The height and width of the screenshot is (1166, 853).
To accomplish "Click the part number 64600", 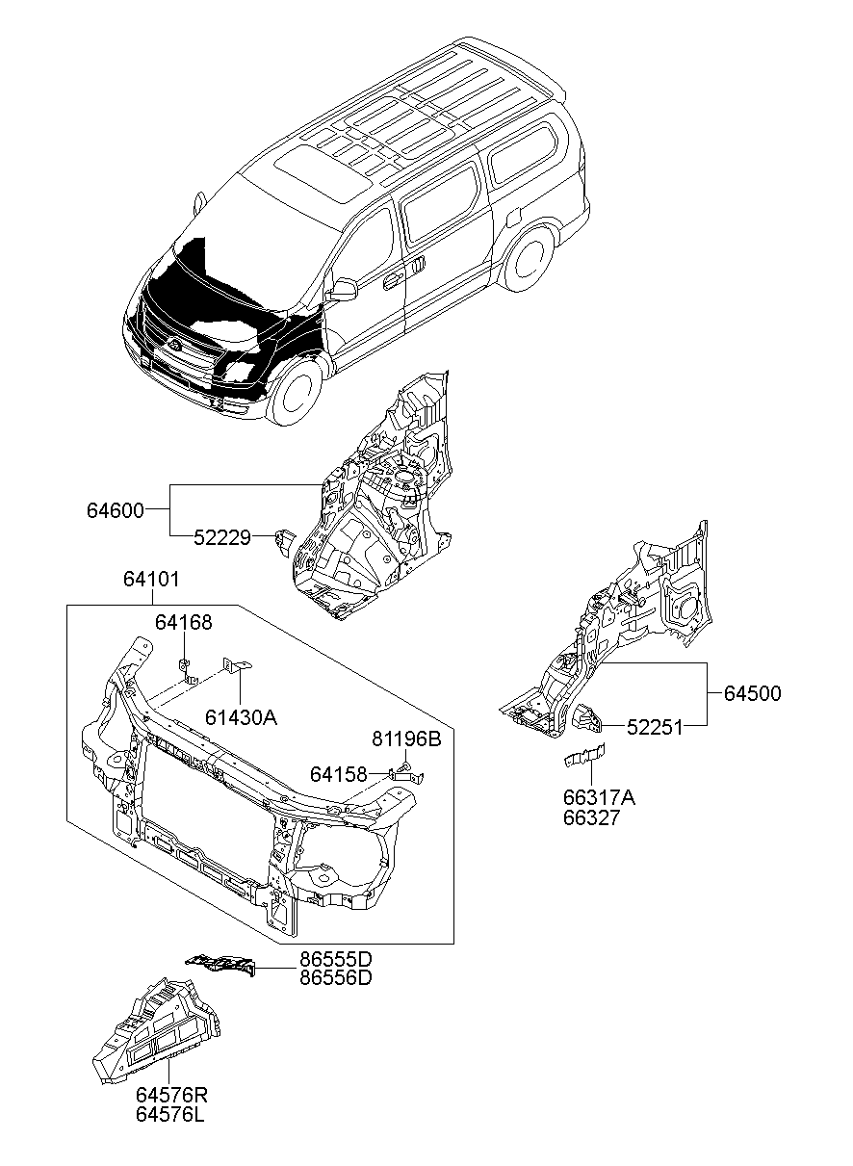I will tap(116, 511).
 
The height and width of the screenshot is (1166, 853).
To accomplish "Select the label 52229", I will tap(221, 538).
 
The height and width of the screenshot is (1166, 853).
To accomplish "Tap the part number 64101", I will tap(150, 580).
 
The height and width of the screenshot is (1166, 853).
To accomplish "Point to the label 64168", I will tap(183, 624).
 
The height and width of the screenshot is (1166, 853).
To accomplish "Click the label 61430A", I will tap(241, 716).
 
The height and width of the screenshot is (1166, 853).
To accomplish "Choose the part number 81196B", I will tap(405, 739).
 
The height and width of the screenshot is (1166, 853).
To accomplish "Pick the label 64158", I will tap(338, 774).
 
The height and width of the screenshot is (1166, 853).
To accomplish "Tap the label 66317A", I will tap(599, 798).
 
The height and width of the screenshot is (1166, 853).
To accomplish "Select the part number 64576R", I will tap(170, 1096).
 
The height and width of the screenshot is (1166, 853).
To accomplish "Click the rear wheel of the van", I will tap(528, 259).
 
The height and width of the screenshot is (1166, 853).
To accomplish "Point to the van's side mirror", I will tap(342, 289).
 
